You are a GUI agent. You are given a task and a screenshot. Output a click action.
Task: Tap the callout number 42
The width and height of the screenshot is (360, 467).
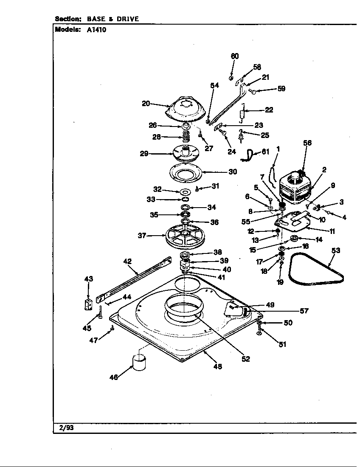coord(128,262)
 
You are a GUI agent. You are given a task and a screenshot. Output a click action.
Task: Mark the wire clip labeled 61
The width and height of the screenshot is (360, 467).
coord(248,154)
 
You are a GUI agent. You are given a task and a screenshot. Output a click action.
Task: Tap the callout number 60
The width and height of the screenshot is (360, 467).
coord(235,56)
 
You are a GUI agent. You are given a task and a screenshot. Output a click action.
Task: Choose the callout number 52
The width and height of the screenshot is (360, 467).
coord(245,359)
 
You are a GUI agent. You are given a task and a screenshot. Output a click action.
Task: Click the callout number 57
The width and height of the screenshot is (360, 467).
coord(304,311)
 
